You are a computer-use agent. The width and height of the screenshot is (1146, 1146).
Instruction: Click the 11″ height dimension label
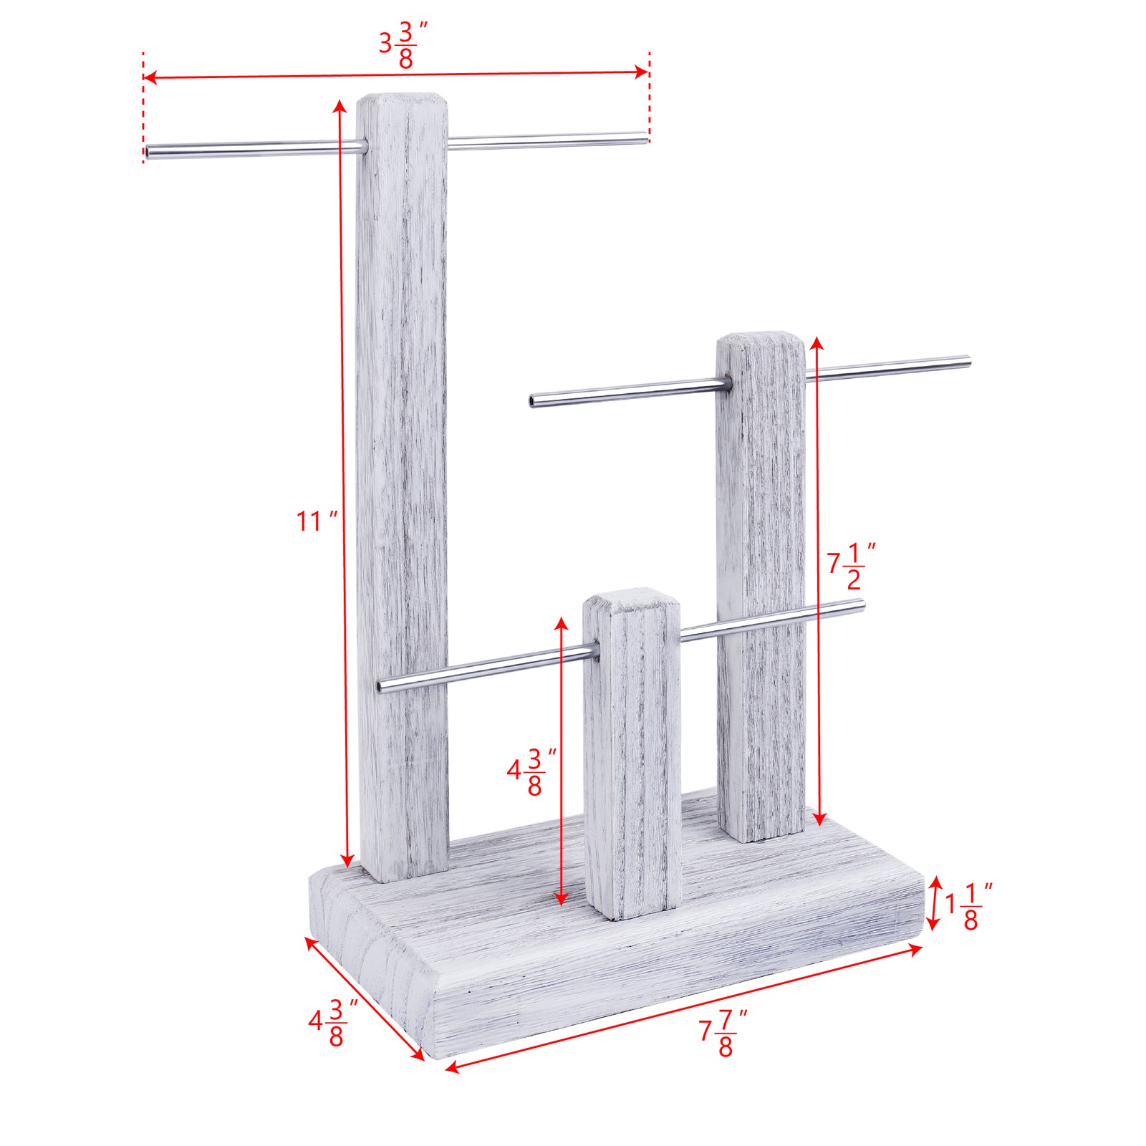pos(316,521)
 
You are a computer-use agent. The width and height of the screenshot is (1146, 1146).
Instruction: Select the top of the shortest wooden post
pos(629,597)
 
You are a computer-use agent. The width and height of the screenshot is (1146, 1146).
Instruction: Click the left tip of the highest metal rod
pos(148,152)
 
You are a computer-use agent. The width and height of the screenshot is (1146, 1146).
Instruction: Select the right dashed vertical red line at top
pos(649,93)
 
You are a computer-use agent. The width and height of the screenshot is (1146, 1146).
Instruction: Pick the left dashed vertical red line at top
pos(143,107)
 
